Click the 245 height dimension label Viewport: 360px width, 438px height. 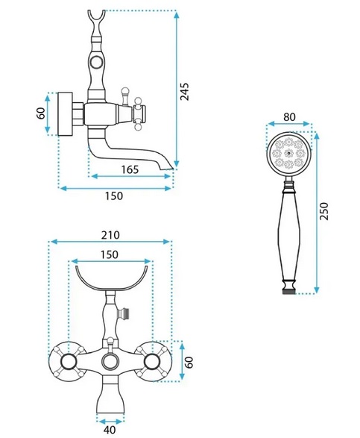(x=184, y=91)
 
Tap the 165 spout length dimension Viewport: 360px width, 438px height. (x=130, y=169)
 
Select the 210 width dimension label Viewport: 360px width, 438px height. (x=110, y=235)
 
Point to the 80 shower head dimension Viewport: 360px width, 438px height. (x=289, y=116)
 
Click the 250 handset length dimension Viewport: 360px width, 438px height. (x=324, y=211)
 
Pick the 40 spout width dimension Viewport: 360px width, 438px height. (x=110, y=430)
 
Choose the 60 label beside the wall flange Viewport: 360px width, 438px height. (x=41, y=113)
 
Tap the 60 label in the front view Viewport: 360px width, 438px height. (x=189, y=363)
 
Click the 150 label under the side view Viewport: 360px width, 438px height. (x=114, y=195)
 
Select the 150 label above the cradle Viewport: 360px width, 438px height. (x=110, y=254)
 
